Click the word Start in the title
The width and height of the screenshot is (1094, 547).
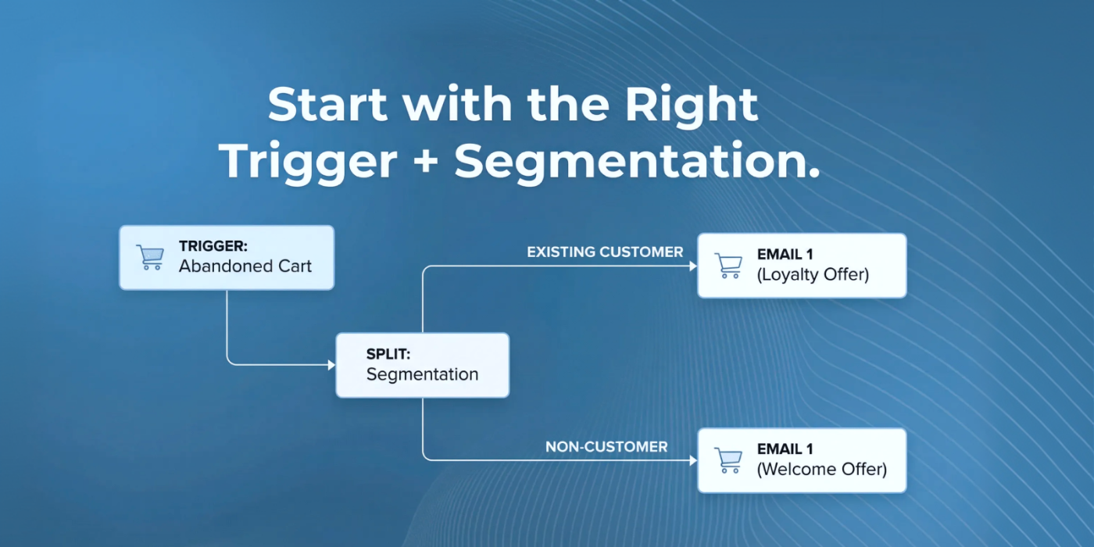327,104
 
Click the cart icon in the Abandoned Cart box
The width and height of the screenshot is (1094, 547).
150,257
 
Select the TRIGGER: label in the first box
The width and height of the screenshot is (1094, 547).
213,245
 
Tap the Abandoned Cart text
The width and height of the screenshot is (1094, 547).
245,266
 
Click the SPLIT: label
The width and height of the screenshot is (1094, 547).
388,353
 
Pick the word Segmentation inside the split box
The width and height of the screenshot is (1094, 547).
423,374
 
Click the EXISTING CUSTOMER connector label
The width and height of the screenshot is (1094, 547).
605,252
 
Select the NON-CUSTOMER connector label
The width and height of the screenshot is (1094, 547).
606,447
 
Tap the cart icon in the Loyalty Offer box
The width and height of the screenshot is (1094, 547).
728,265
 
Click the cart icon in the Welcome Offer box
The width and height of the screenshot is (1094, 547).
728,460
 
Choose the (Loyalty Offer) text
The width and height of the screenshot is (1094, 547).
813,275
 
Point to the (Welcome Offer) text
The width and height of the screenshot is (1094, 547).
822,470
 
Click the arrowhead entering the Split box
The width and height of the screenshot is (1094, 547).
331,365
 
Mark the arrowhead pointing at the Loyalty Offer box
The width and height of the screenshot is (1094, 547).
693,266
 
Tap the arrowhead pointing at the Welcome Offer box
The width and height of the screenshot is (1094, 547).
693,460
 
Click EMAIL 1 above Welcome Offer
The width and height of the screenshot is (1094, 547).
785,449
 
